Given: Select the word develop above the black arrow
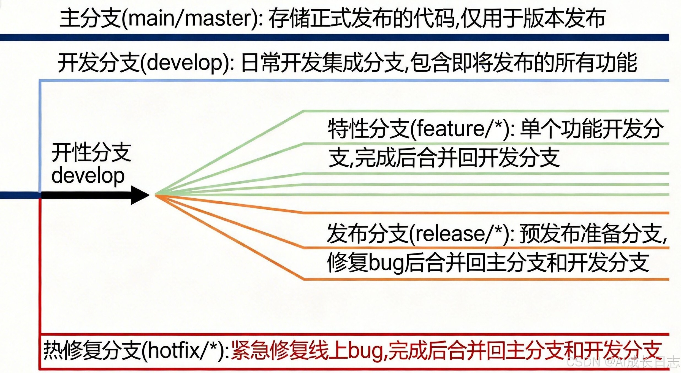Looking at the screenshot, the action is point(88,176).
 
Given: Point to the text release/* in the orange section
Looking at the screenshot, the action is point(458,234).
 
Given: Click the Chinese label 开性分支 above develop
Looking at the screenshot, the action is point(91,152).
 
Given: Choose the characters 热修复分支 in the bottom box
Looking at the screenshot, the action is point(92,351).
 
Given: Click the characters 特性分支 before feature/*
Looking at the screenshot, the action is point(368,129).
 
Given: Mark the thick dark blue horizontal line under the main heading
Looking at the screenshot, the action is point(330,37).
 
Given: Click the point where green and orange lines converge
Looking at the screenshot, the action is point(156,195).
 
